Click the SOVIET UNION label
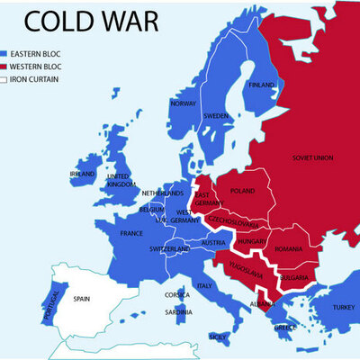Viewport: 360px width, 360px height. (x=312, y=157)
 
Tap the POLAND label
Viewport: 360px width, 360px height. (x=243, y=192)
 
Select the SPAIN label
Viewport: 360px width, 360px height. (x=82, y=298)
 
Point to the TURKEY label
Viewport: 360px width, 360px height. (x=344, y=307)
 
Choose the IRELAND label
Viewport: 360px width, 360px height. (x=81, y=174)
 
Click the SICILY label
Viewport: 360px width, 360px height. (x=217, y=337)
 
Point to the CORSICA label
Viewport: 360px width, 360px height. (x=176, y=295)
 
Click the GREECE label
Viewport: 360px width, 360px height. (x=285, y=327)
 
